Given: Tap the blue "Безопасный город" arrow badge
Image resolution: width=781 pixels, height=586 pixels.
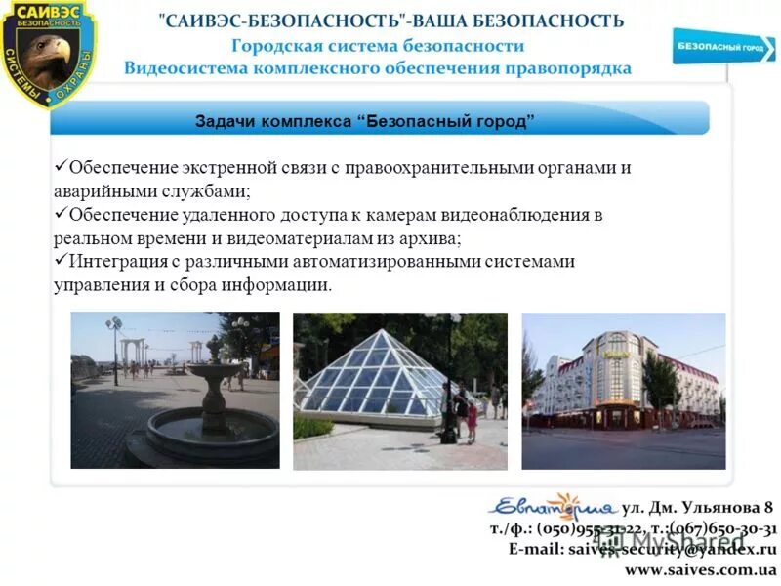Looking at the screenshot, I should (x=722, y=46).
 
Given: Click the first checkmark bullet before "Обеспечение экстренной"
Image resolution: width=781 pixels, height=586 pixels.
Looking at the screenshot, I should (x=60, y=166).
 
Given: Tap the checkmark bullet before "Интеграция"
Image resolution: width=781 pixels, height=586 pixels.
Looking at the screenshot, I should (x=60, y=260).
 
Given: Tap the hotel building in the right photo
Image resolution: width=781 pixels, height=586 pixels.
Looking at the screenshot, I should (x=605, y=381).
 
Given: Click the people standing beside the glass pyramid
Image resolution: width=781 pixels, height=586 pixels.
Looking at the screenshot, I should (x=465, y=410).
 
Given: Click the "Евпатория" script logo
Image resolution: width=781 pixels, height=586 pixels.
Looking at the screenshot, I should (x=552, y=507).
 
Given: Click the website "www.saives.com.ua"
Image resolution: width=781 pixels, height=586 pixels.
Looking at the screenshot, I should (x=700, y=569).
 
